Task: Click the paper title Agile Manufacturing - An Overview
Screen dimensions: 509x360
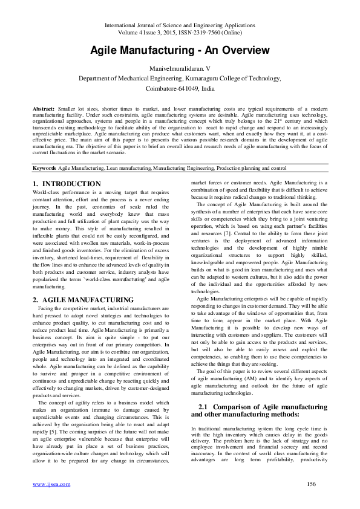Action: [180, 51]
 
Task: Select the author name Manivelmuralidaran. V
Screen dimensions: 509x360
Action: [180, 70]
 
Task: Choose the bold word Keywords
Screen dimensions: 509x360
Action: [45, 167]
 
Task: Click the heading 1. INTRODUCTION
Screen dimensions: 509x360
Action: [67, 183]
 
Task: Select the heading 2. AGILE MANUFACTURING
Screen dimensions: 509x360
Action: [83, 299]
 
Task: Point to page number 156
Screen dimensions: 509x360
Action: [312, 484]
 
